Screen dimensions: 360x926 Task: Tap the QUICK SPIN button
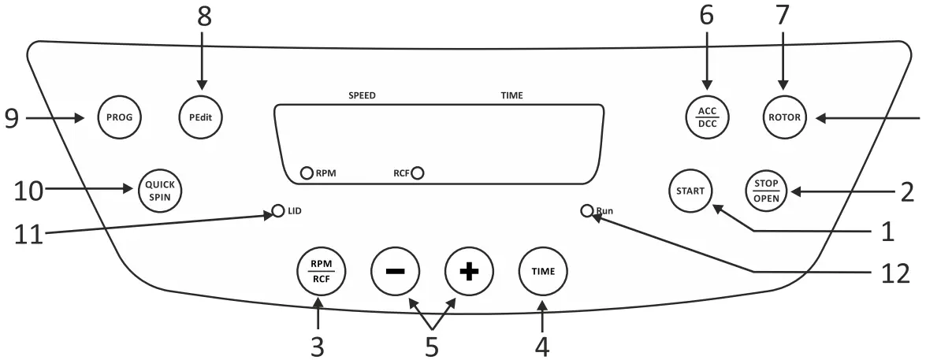160,189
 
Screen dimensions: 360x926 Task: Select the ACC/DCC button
707,118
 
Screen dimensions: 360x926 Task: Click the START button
691,189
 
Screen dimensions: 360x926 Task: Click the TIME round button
542,270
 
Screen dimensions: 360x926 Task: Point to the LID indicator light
277,211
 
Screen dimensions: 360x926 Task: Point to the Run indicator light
586,211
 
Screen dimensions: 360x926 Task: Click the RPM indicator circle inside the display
307,173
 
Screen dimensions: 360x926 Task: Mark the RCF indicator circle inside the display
417,172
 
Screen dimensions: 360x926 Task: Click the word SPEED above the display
362,95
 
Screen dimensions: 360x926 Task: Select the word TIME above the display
511,95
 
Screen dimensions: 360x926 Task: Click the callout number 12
892,273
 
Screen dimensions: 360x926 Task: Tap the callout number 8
204,17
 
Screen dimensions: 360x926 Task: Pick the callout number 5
432,345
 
